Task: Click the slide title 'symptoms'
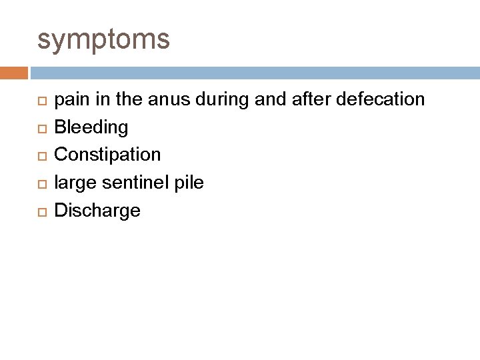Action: coord(103,39)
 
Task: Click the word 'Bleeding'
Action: coord(91,127)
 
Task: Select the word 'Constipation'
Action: coord(107,155)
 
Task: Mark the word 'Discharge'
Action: coord(97,211)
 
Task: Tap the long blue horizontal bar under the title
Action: coord(253,72)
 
